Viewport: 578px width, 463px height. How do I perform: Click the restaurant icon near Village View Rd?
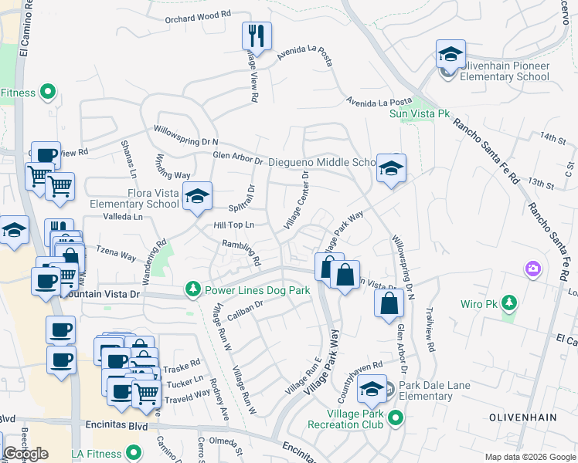(x=257, y=36)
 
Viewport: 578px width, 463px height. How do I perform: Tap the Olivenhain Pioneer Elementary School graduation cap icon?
(x=450, y=55)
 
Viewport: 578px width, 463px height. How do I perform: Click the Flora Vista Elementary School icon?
(x=197, y=198)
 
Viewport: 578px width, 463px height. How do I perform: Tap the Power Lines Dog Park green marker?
(x=192, y=289)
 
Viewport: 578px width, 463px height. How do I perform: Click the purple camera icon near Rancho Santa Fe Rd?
(x=532, y=269)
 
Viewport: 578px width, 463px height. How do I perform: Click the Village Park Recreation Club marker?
(x=396, y=418)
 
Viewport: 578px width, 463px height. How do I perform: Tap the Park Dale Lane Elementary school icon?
(x=372, y=390)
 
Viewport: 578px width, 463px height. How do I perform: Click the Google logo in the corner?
(x=25, y=454)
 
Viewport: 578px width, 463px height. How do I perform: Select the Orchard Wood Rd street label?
(x=198, y=15)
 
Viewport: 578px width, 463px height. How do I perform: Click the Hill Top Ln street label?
(x=234, y=225)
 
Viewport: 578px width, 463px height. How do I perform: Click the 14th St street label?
(x=553, y=137)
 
